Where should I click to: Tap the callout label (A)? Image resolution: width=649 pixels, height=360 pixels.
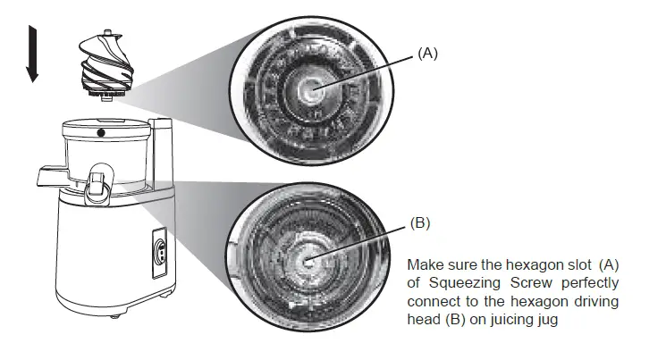click(x=428, y=54)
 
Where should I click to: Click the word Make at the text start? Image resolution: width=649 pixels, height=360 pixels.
click(x=423, y=266)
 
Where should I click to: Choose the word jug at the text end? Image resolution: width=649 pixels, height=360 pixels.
click(x=549, y=319)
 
